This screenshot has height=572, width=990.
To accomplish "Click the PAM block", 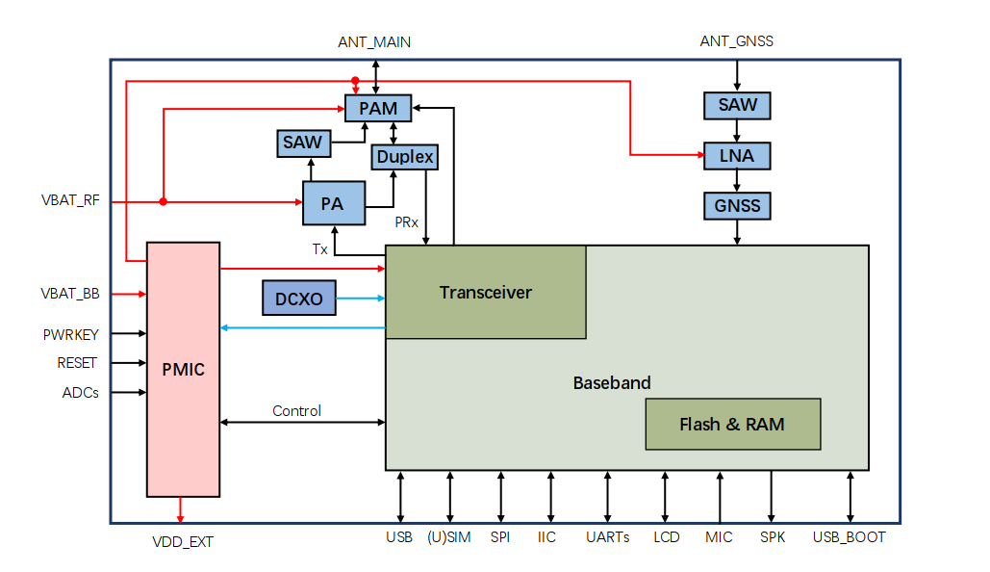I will pyautogui.click(x=378, y=108).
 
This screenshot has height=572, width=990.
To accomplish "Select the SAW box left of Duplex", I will pyautogui.click(x=302, y=143).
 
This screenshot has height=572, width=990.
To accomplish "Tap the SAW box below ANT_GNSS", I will pyautogui.click(x=737, y=105).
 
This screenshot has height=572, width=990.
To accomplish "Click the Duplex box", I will pyautogui.click(x=405, y=156).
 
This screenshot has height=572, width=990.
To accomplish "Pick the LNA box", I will pyautogui.click(x=737, y=155).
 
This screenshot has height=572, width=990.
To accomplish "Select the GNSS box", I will pyautogui.click(x=737, y=205).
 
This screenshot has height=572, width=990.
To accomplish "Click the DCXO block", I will pyautogui.click(x=299, y=299).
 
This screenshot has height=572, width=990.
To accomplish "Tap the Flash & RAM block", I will pyautogui.click(x=732, y=424).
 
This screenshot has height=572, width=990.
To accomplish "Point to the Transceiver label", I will pyautogui.click(x=485, y=292).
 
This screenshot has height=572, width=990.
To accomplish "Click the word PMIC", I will pyautogui.click(x=184, y=369).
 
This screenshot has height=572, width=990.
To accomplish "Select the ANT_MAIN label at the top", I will pyautogui.click(x=374, y=42).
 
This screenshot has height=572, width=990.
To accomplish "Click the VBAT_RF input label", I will pyautogui.click(x=70, y=202).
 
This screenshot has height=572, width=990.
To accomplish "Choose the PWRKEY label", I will pyautogui.click(x=70, y=334).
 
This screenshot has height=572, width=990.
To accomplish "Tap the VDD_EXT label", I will pyautogui.click(x=182, y=542).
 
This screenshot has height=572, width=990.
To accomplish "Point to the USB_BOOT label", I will pyautogui.click(x=849, y=537).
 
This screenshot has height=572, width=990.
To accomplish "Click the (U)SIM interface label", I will pyautogui.click(x=448, y=537).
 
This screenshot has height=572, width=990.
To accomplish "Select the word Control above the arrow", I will pyautogui.click(x=296, y=410).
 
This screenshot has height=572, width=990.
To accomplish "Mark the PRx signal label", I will pyautogui.click(x=407, y=221).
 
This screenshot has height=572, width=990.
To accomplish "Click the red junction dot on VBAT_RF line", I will pyautogui.click(x=163, y=202).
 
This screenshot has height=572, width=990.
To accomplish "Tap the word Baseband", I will pyautogui.click(x=612, y=382).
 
